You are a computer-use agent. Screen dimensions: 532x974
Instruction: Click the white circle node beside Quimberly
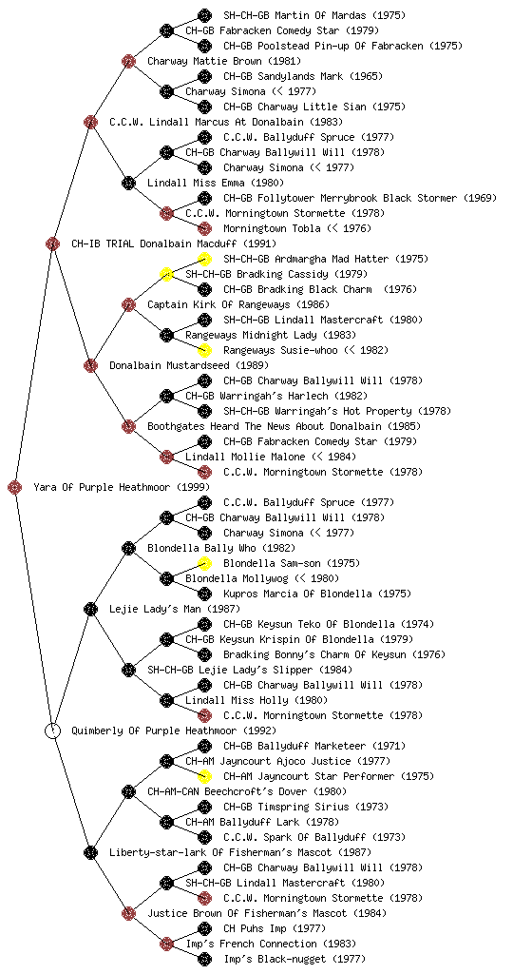(x=52, y=730)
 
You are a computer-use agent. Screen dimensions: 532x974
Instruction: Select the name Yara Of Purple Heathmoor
(x=101, y=487)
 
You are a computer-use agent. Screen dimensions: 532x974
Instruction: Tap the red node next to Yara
(x=15, y=487)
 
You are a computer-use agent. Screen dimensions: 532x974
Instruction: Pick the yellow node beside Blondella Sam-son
(x=204, y=563)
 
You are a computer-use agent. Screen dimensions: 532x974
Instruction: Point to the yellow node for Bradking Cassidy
(x=166, y=274)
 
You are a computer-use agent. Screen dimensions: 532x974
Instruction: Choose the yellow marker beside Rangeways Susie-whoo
(x=204, y=350)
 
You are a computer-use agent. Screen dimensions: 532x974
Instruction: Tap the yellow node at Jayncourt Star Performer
(x=204, y=776)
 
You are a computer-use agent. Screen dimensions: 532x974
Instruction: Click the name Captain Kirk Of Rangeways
(x=218, y=304)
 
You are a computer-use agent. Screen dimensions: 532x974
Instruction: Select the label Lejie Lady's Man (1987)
(x=175, y=609)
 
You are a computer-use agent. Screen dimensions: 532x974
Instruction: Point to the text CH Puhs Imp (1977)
(x=274, y=928)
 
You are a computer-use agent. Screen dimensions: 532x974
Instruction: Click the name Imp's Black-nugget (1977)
(x=294, y=959)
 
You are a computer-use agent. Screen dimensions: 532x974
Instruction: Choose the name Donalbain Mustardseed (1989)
(x=189, y=365)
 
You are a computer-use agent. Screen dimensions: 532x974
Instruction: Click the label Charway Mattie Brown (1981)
(x=224, y=61)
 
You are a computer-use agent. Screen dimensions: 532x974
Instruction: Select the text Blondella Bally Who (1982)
(x=221, y=548)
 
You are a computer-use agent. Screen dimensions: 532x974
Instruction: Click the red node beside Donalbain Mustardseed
(x=90, y=365)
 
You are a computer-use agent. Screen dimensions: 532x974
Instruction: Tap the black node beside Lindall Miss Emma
(x=128, y=183)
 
